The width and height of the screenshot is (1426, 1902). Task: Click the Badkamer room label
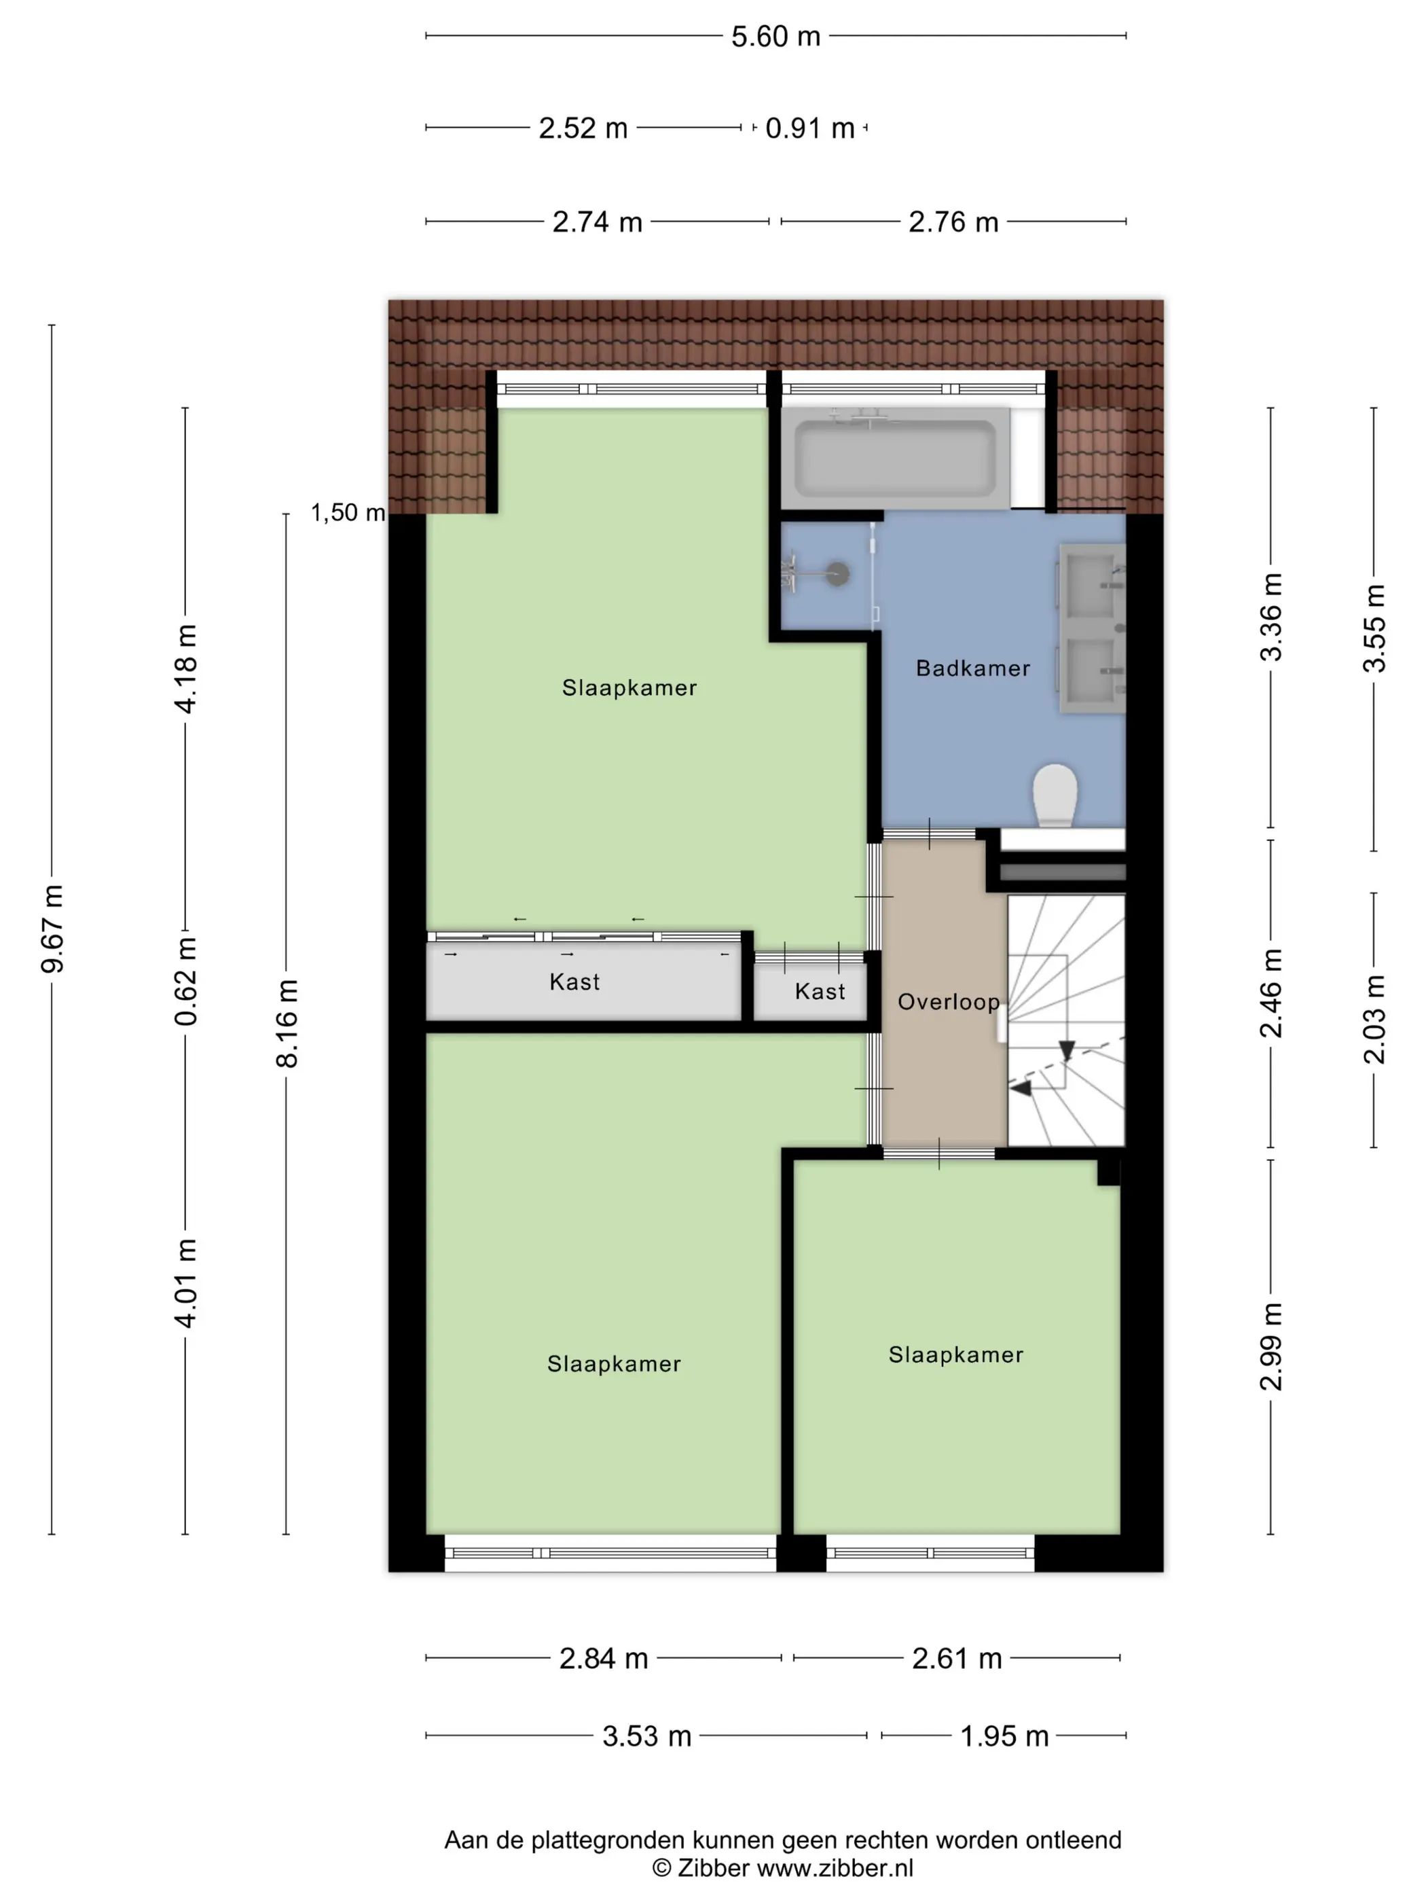pyautogui.click(x=972, y=668)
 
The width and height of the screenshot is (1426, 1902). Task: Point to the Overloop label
pyautogui.click(x=948, y=1002)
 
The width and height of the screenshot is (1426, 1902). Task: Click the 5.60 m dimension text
pyautogui.click(x=775, y=36)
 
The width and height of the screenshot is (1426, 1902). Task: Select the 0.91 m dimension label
pyautogui.click(x=809, y=128)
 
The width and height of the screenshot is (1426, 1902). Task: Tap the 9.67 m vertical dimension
pyautogui.click(x=52, y=929)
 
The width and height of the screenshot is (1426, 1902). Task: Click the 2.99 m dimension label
pyautogui.click(x=1270, y=1346)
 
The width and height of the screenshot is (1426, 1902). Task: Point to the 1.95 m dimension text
pyautogui.click(x=1004, y=1736)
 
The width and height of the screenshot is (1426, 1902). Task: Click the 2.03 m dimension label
pyautogui.click(x=1374, y=1020)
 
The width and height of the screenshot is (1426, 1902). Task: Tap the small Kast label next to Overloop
pyautogui.click(x=819, y=991)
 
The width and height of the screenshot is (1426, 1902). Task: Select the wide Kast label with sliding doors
pyautogui.click(x=574, y=982)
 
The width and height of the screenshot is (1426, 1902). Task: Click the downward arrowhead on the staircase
pyautogui.click(x=1067, y=1051)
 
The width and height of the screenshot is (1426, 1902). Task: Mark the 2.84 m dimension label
pyautogui.click(x=604, y=1658)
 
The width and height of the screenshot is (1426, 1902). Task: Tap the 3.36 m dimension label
pyautogui.click(x=1270, y=617)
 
